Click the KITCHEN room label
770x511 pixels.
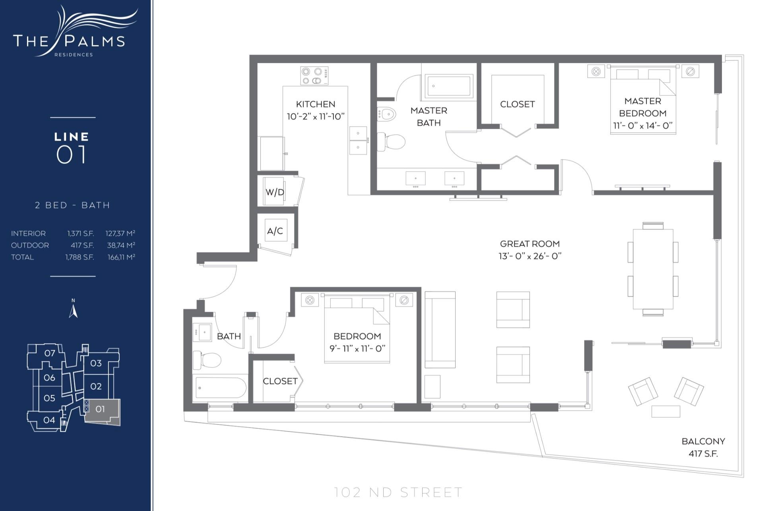pyautogui.click(x=315, y=104)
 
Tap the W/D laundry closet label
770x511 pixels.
pyautogui.click(x=274, y=192)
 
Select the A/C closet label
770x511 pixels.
pyautogui.click(x=275, y=231)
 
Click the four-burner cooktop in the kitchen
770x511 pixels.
pyautogui.click(x=314, y=76)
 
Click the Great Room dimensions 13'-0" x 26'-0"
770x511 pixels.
pyautogui.click(x=529, y=256)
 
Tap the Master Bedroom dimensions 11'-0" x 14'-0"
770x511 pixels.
pyautogui.click(x=642, y=125)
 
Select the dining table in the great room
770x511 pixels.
pyautogui.click(x=653, y=269)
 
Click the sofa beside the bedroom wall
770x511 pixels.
pyautogui.click(x=440, y=329)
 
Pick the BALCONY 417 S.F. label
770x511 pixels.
pyautogui.click(x=703, y=447)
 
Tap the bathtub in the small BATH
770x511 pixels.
pyautogui.click(x=220, y=387)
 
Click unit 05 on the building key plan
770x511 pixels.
pyautogui.click(x=49, y=398)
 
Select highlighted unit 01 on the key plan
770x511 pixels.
pyautogui.click(x=101, y=409)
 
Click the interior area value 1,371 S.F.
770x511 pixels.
pyautogui.click(x=80, y=233)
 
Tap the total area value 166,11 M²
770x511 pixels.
pyautogui.click(x=121, y=257)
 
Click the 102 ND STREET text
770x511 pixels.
pyautogui.click(x=398, y=492)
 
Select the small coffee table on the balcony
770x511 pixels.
pyautogui.click(x=665, y=411)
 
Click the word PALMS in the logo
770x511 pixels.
pyautogui.click(x=95, y=41)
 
